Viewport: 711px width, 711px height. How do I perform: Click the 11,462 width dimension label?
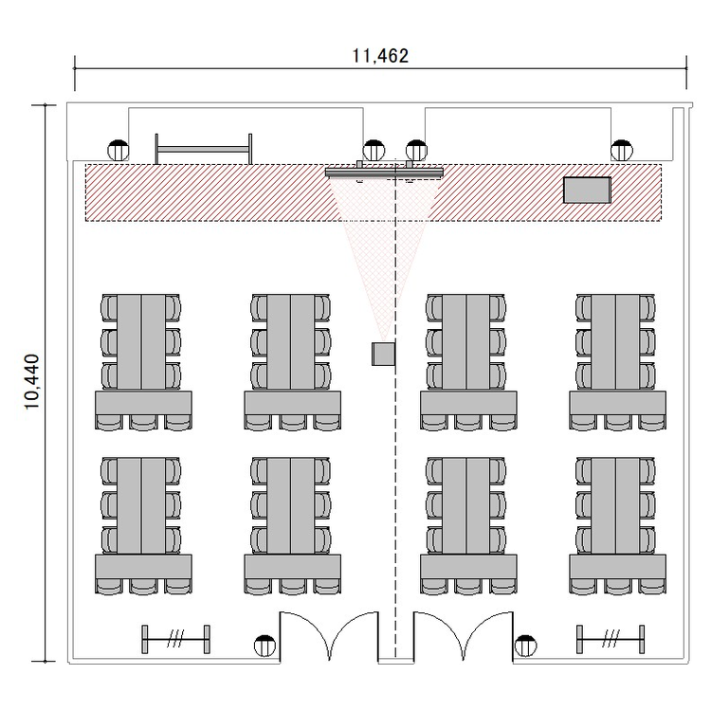point(380,56)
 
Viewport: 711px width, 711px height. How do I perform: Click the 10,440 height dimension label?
point(32,382)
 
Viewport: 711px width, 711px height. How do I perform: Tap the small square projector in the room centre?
point(383,355)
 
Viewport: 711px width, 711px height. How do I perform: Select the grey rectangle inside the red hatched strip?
point(587,190)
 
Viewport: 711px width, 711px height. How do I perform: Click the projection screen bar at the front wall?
point(384,173)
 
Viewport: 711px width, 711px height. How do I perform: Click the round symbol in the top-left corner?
point(118,151)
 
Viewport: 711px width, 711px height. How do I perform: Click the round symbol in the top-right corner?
point(622,151)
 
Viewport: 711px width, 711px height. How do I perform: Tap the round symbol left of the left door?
point(264,647)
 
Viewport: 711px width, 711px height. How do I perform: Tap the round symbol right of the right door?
point(525,647)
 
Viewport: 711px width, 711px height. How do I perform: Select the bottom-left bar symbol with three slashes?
point(176,639)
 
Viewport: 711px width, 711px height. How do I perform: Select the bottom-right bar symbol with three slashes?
point(611,639)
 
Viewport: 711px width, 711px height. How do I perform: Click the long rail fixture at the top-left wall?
point(204,149)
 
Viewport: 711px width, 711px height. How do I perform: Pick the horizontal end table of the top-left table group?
point(143,403)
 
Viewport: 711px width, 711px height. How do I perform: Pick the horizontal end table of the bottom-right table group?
point(617,566)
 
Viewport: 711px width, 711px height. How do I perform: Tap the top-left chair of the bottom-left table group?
point(109,470)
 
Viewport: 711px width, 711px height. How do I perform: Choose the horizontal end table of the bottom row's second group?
point(293,566)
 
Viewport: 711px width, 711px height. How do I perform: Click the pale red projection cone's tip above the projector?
point(384,341)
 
